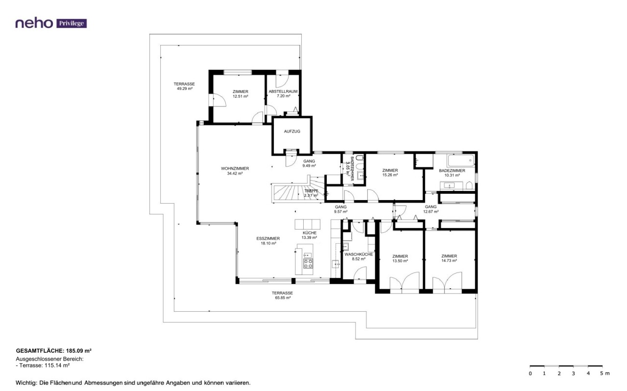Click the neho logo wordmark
(x=34, y=23)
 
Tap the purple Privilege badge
(x=72, y=23)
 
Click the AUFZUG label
(x=292, y=132)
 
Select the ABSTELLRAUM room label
(x=283, y=92)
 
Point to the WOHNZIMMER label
(x=235, y=169)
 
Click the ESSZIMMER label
(x=268, y=239)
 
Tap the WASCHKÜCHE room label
(x=359, y=254)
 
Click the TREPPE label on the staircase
(x=311, y=191)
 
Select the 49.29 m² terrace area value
(x=185, y=89)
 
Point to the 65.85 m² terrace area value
(x=283, y=298)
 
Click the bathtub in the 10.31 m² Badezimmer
(x=461, y=161)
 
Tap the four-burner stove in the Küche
(x=308, y=263)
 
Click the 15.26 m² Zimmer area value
(x=390, y=175)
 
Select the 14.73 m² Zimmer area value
(x=449, y=261)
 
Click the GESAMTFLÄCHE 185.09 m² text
(x=54, y=351)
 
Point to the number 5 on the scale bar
(x=601, y=373)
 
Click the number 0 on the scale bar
(x=530, y=373)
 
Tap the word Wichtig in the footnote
(x=26, y=383)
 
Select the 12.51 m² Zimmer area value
(x=241, y=96)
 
